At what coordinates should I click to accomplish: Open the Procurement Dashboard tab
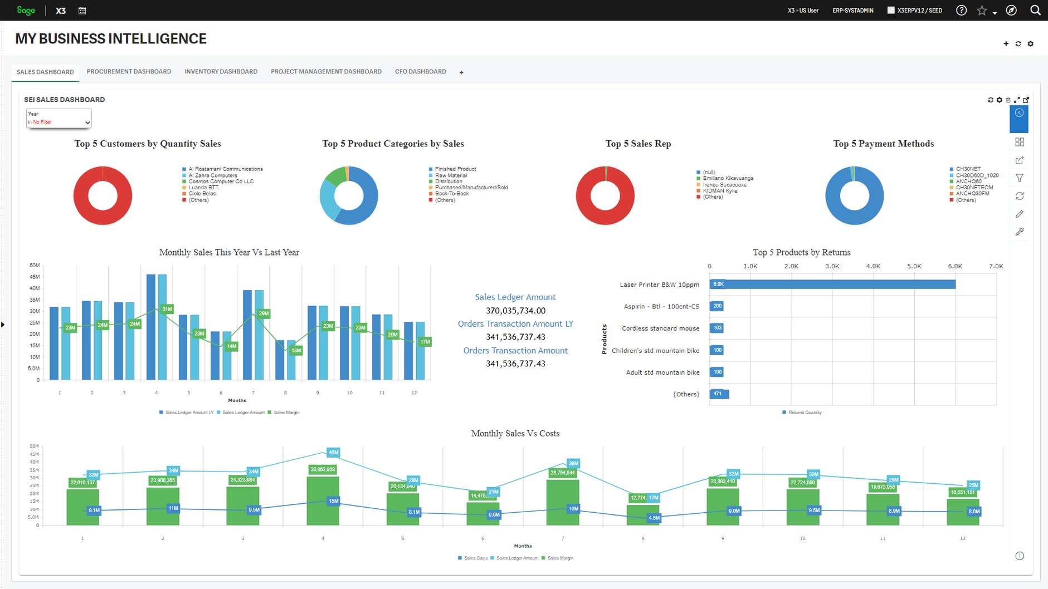(129, 72)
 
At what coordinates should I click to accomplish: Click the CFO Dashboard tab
(420, 72)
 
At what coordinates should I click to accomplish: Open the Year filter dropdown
(59, 118)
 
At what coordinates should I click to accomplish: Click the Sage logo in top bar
(26, 10)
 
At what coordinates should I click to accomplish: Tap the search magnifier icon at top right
(1035, 10)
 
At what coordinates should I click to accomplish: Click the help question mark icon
(961, 10)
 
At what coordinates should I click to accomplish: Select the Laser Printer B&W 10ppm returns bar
(832, 284)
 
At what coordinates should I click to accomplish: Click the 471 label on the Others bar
(718, 394)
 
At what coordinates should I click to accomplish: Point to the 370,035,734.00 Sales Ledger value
(515, 311)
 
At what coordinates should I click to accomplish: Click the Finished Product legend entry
(455, 169)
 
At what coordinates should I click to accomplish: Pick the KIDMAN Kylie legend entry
(720, 190)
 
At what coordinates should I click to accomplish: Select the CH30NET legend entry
(968, 169)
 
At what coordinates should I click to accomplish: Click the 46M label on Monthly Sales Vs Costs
(333, 453)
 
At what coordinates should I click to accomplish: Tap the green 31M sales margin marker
(167, 309)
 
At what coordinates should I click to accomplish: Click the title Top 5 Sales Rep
(638, 144)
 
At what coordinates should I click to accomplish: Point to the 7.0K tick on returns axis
(996, 266)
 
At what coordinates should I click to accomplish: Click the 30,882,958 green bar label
(323, 469)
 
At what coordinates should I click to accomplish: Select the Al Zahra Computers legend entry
(212, 175)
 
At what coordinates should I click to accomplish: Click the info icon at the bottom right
(1020, 556)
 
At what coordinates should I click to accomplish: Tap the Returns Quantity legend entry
(805, 413)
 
